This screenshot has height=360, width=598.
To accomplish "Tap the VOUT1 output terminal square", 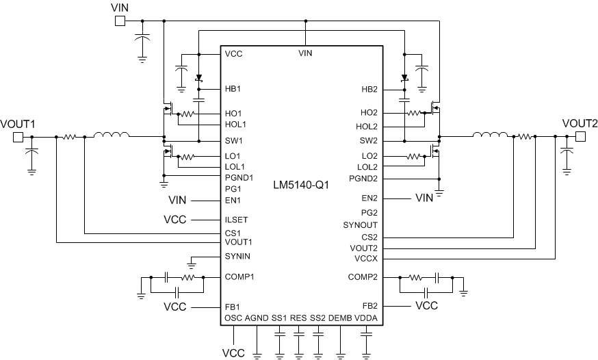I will coord(18,137).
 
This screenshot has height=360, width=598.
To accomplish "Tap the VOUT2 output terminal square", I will coord(580,137).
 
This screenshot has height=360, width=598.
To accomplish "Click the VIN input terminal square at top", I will coord(119,21).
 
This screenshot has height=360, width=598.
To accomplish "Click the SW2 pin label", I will coord(369,141).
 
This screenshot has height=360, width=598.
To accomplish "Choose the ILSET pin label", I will coord(235,220).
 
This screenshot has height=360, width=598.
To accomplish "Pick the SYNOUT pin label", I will coord(361,224).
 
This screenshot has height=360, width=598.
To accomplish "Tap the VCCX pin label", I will coord(365,259).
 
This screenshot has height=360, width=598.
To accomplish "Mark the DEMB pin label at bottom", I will coord(340,319).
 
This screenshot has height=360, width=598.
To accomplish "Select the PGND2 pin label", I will coord(364,179).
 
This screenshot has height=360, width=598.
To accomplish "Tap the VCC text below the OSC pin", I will coord(233,352).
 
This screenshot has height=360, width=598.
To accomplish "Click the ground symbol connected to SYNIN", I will coord(192,263).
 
